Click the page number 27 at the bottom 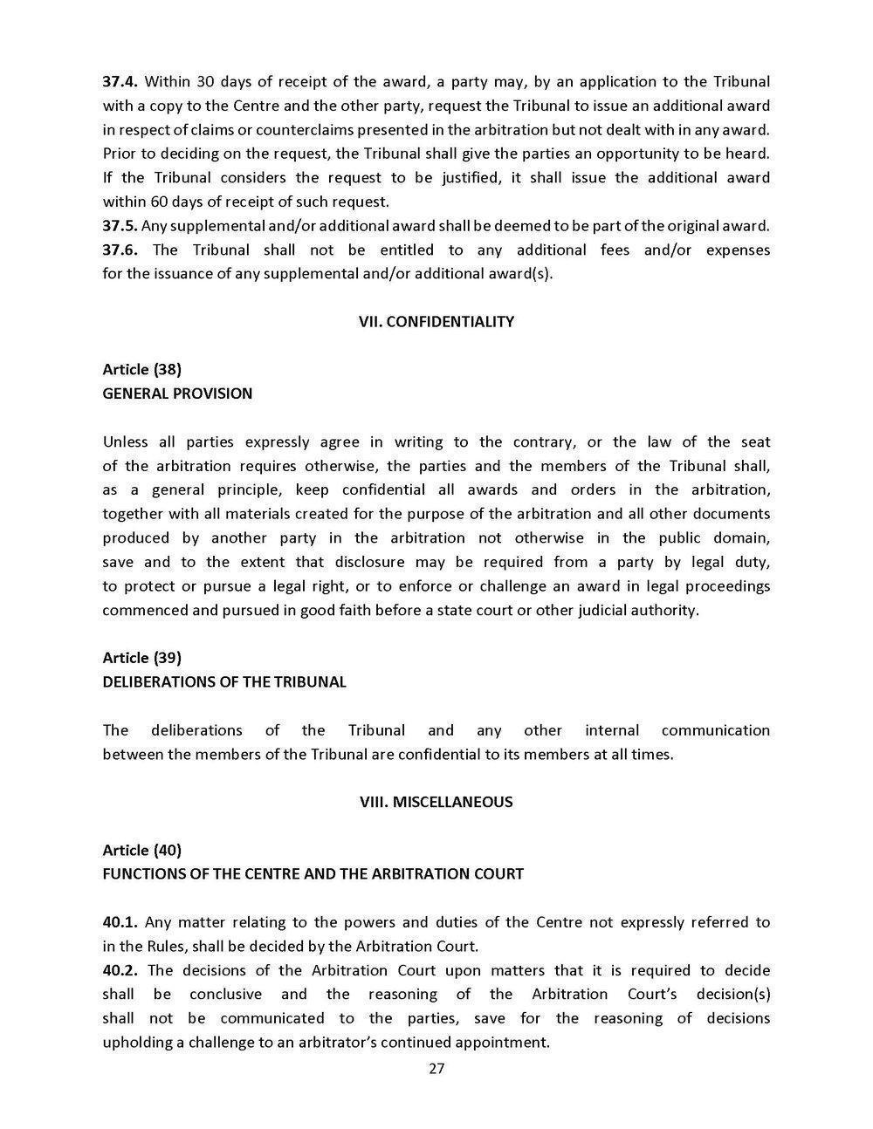(436, 1070)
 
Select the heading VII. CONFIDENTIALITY (436, 322)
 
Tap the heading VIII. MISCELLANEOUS (436, 802)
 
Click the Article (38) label (141, 369)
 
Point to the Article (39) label (141, 657)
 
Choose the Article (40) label (141, 849)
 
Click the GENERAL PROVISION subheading (177, 393)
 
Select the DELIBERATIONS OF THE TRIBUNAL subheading (224, 681)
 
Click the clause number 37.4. (120, 82)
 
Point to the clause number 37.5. (120, 226)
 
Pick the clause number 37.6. (120, 250)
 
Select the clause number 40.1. (120, 921)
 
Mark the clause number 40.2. (120, 969)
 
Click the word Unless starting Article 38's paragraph (126, 441)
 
